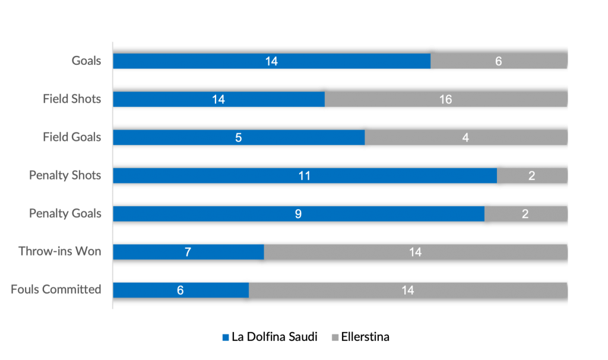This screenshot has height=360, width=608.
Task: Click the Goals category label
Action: (x=87, y=61)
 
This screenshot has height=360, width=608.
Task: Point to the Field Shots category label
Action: (x=72, y=99)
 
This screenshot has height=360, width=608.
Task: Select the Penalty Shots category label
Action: (x=65, y=175)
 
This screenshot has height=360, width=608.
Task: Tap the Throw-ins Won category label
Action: (x=59, y=252)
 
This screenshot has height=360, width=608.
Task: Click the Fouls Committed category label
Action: (x=56, y=290)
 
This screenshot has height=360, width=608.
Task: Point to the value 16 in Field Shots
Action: (x=445, y=100)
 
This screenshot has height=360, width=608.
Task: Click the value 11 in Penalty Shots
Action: (x=305, y=176)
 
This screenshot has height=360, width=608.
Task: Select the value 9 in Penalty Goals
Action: (x=298, y=214)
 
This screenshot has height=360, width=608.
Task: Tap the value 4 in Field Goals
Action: (x=465, y=138)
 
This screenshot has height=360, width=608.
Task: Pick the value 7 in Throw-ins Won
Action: (x=188, y=252)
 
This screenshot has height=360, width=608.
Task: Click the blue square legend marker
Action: (x=226, y=337)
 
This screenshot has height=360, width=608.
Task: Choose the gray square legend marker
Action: (x=335, y=337)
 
